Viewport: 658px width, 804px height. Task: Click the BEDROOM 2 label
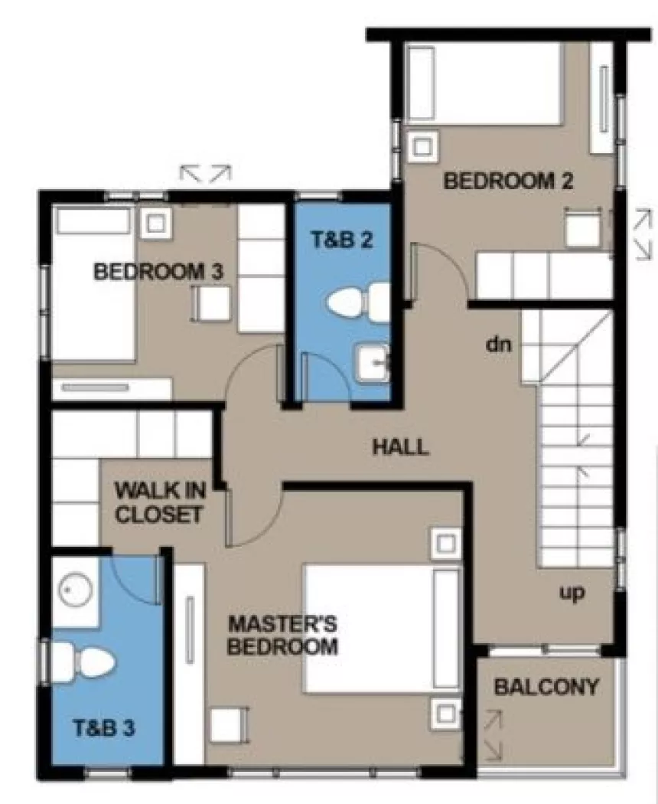point(508,181)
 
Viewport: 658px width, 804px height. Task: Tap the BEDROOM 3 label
point(158,272)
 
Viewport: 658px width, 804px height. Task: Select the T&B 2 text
point(341,240)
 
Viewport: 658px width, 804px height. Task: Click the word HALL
point(400,447)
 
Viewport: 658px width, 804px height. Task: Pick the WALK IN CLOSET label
point(158,502)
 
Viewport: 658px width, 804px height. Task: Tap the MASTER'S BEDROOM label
point(282,634)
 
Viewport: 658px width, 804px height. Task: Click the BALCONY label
point(546,687)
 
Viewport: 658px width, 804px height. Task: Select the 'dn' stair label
point(498,345)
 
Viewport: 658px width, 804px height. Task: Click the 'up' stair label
point(571,592)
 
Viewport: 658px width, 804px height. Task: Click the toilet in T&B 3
point(83,661)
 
